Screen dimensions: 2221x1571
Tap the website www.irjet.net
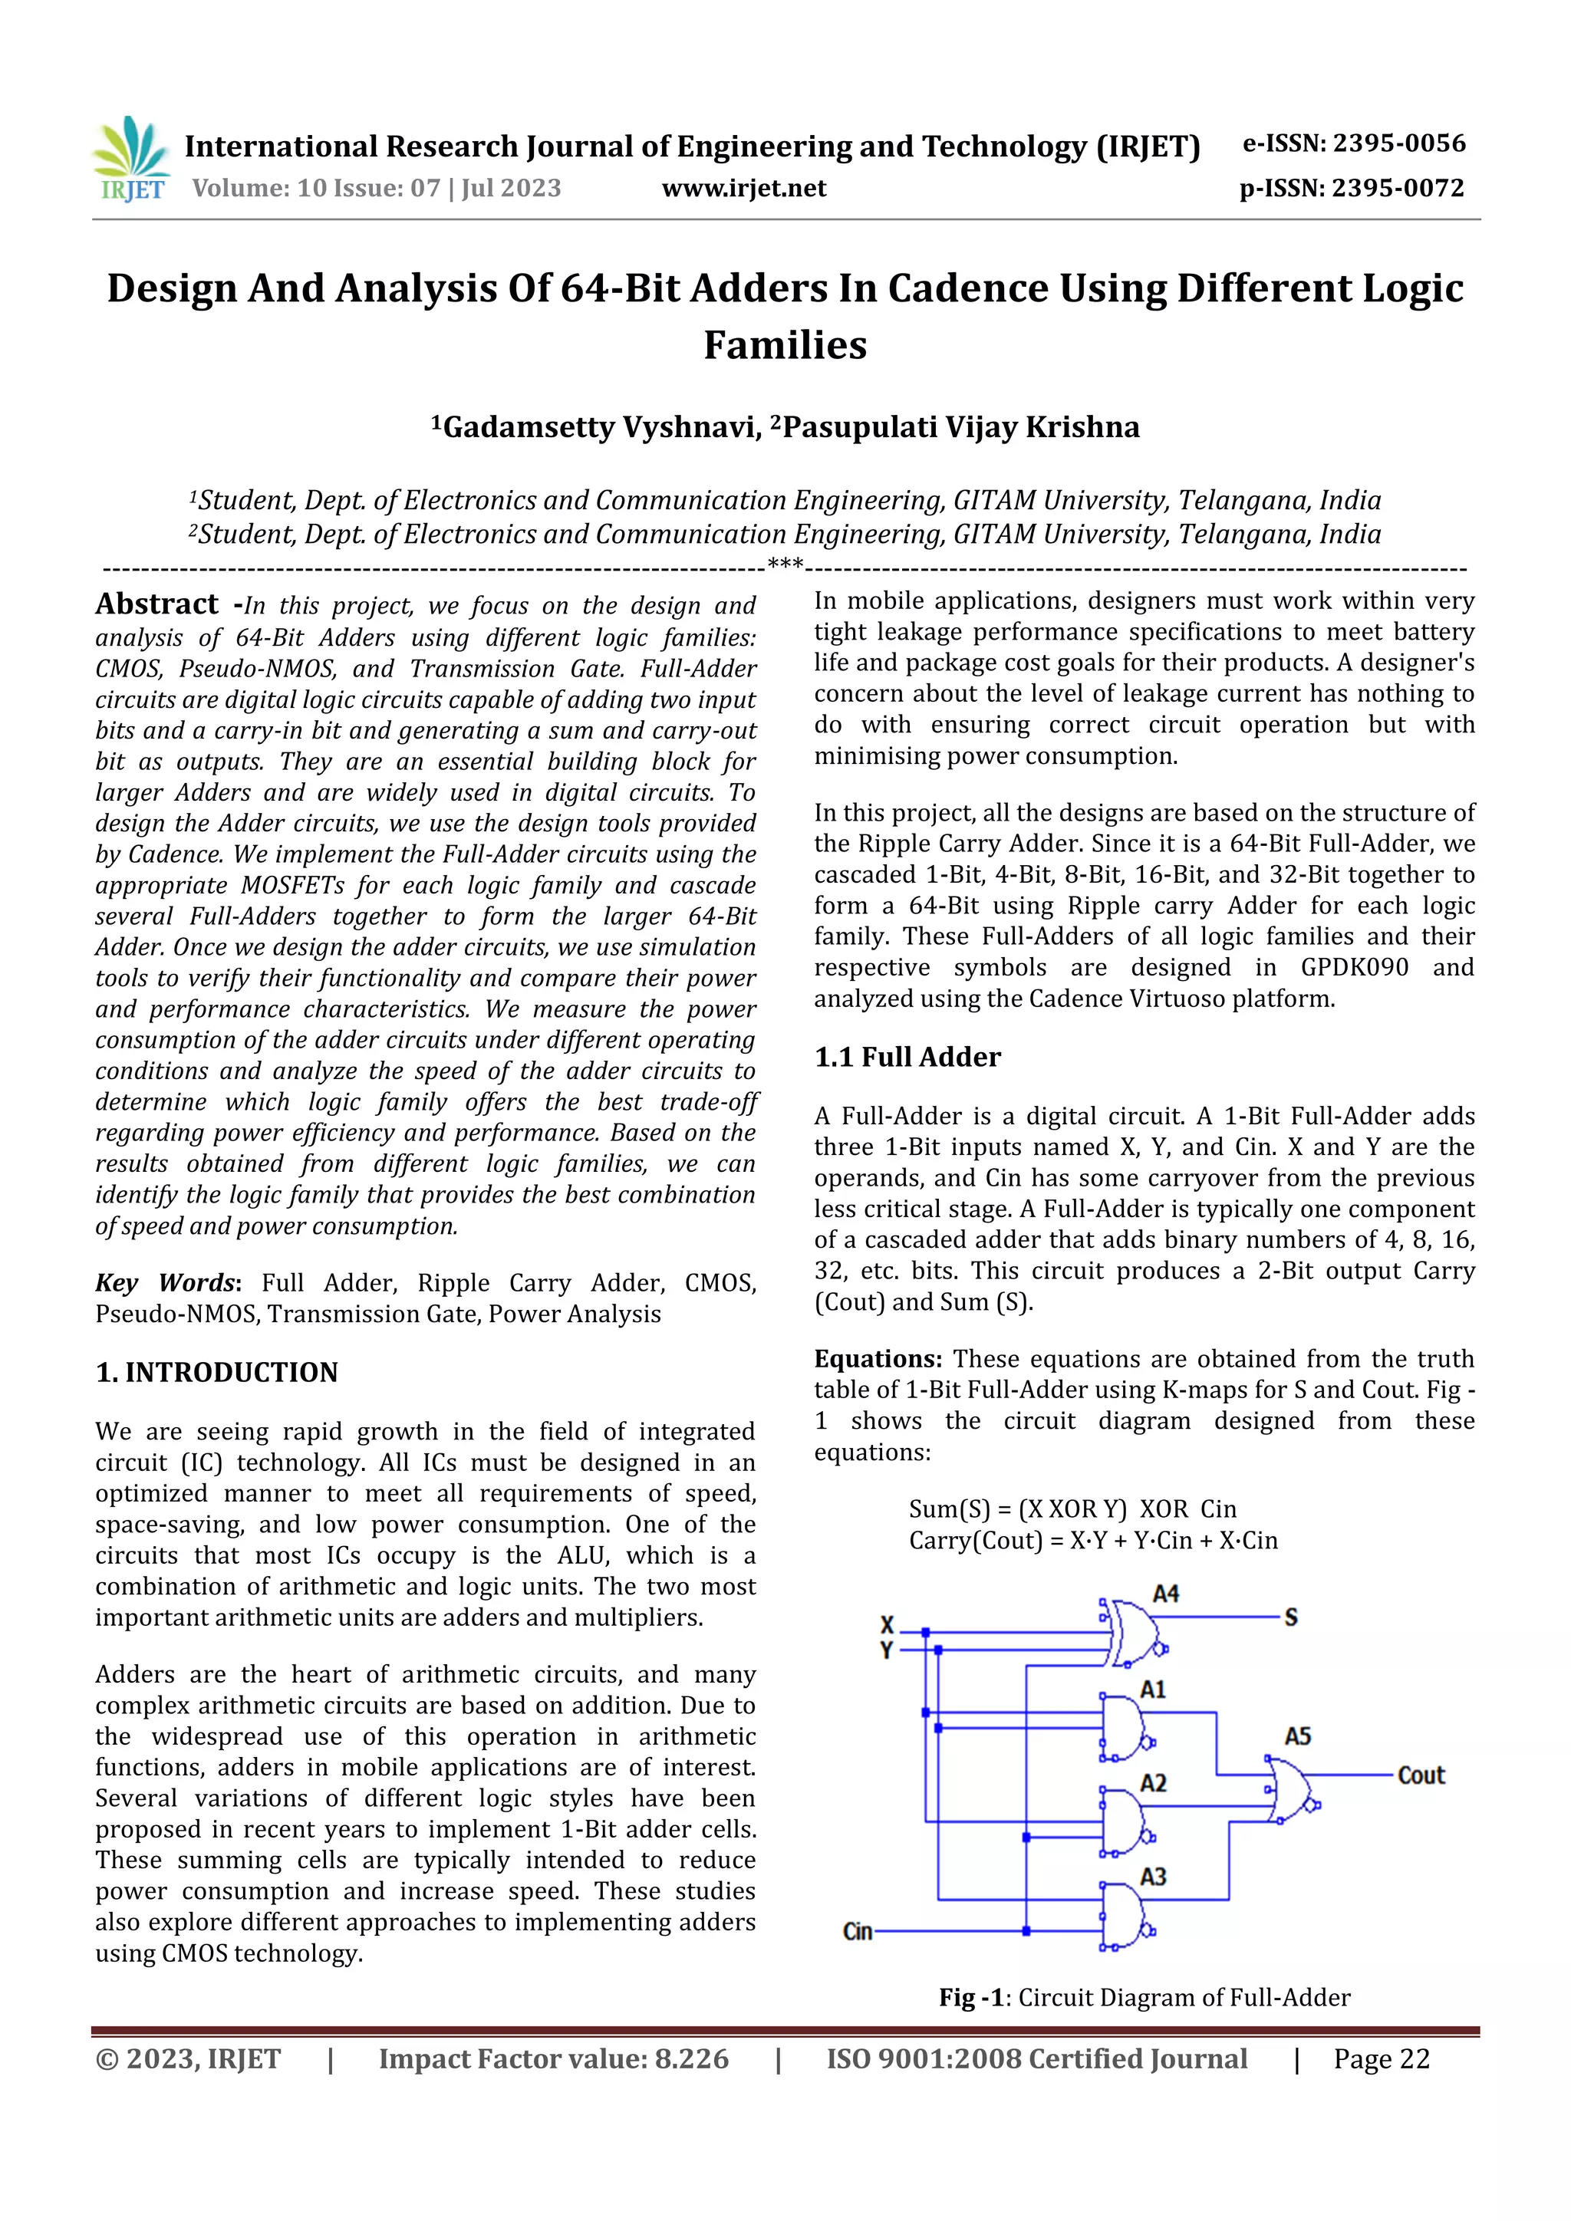coord(743,188)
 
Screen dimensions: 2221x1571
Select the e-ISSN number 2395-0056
coord(1399,143)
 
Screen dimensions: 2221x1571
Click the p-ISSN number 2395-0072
coord(1398,188)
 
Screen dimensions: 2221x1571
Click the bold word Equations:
coord(878,1358)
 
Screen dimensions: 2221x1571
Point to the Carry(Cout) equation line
coord(1092,1540)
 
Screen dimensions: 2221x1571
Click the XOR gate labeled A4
coord(1133,1632)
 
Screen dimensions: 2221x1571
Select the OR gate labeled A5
coord(1290,1791)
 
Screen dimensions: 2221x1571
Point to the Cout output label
coord(1420,1775)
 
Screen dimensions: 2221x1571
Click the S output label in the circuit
coord(1290,1617)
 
